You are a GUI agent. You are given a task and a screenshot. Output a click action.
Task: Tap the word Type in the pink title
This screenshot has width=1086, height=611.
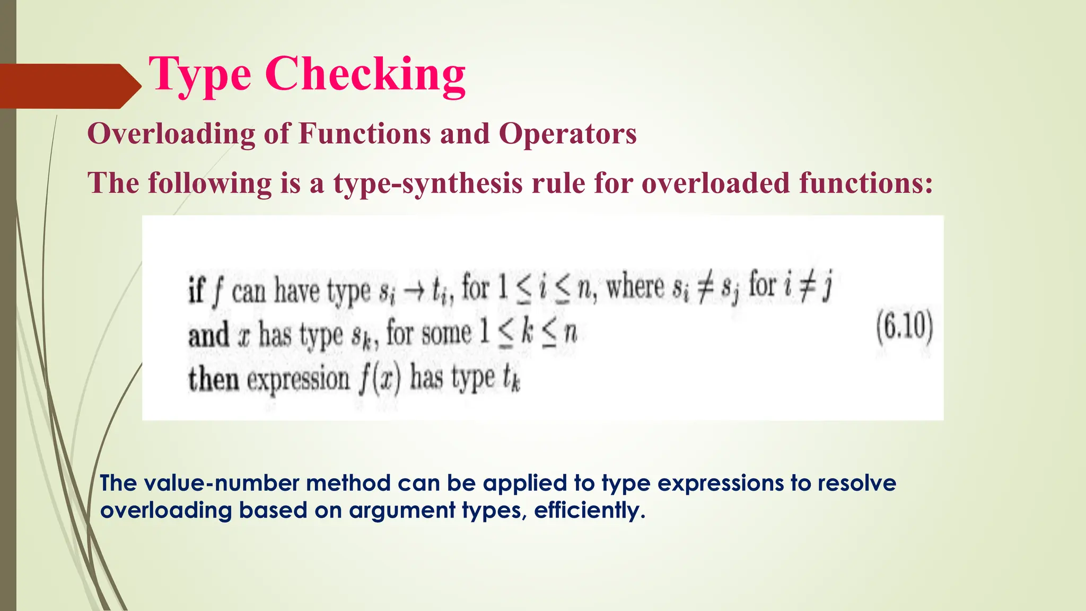coord(199,75)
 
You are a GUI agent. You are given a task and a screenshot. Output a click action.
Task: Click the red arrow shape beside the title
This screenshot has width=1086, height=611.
coord(69,86)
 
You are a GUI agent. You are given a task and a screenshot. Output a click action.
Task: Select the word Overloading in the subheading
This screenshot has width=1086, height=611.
coord(171,134)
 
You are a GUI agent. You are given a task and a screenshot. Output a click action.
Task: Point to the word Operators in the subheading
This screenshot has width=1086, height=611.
coord(567,134)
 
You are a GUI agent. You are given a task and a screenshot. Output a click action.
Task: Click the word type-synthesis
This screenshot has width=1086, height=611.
coord(427,183)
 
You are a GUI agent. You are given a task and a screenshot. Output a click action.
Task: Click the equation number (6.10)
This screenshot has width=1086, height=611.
coord(904,328)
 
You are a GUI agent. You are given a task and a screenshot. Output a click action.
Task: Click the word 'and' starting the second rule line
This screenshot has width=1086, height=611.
coord(209,336)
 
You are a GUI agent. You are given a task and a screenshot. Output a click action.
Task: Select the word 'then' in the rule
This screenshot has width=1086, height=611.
coord(213,379)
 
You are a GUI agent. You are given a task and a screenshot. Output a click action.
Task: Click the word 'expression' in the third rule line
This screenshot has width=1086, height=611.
coord(298,380)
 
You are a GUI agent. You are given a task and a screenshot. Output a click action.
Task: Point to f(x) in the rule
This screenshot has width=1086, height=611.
coord(379,379)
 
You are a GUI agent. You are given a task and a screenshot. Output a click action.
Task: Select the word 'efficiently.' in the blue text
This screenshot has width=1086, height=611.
coord(590,510)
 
